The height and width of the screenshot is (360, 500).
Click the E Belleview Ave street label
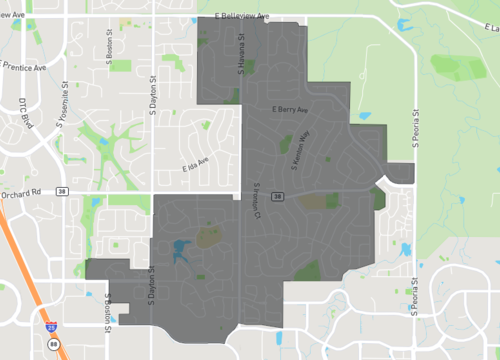pos(242,17)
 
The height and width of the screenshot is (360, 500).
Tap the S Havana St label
pos(241,52)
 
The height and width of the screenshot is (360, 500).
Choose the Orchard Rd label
pos(19,193)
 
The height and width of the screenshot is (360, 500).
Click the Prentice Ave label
pos(24,67)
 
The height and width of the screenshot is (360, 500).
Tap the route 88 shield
pos(53,345)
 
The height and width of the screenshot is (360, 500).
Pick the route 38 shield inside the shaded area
pos(278,196)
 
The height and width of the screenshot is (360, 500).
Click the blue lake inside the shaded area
pos(180,250)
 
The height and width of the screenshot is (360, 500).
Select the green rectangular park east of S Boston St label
pos(121,66)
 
